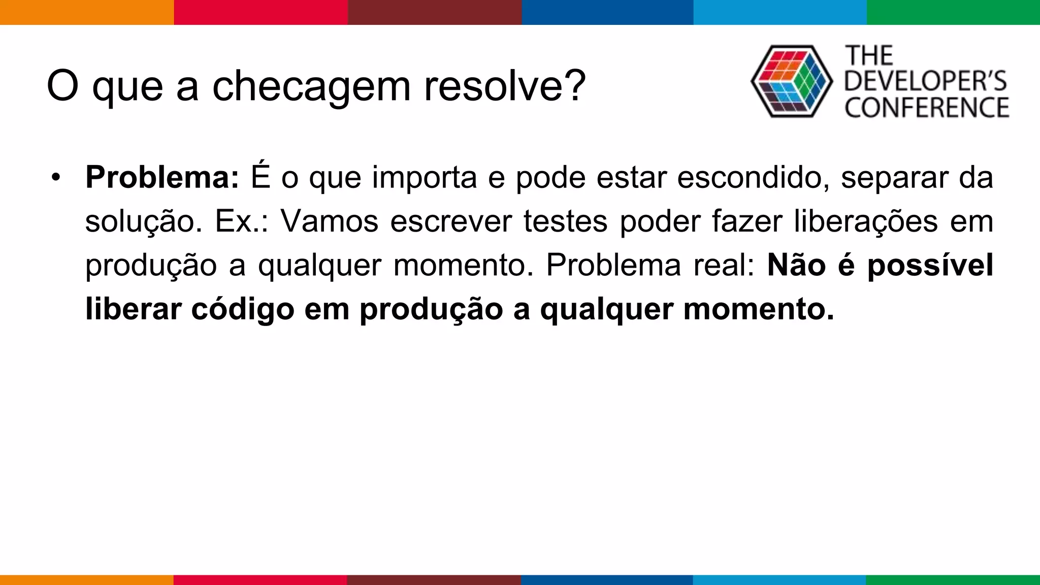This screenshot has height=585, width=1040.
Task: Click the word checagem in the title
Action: click(311, 86)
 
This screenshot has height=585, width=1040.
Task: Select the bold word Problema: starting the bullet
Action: click(162, 177)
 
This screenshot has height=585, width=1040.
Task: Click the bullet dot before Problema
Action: click(56, 177)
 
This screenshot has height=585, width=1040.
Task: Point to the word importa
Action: click(424, 178)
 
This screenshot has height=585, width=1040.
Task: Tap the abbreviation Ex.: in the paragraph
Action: click(241, 221)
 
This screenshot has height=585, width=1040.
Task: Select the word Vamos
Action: click(330, 221)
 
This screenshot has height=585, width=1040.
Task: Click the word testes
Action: click(565, 221)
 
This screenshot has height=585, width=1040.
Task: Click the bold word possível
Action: click(930, 265)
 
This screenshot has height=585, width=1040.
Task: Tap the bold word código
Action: click(243, 310)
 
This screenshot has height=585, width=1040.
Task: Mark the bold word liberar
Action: click(133, 309)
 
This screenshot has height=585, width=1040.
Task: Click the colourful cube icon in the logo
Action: click(791, 81)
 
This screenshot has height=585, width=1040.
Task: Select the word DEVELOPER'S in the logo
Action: click(925, 81)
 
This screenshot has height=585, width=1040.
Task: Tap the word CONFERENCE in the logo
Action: click(927, 108)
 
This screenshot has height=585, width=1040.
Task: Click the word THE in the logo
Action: click(869, 55)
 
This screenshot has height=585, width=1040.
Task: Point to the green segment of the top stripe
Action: click(953, 12)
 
